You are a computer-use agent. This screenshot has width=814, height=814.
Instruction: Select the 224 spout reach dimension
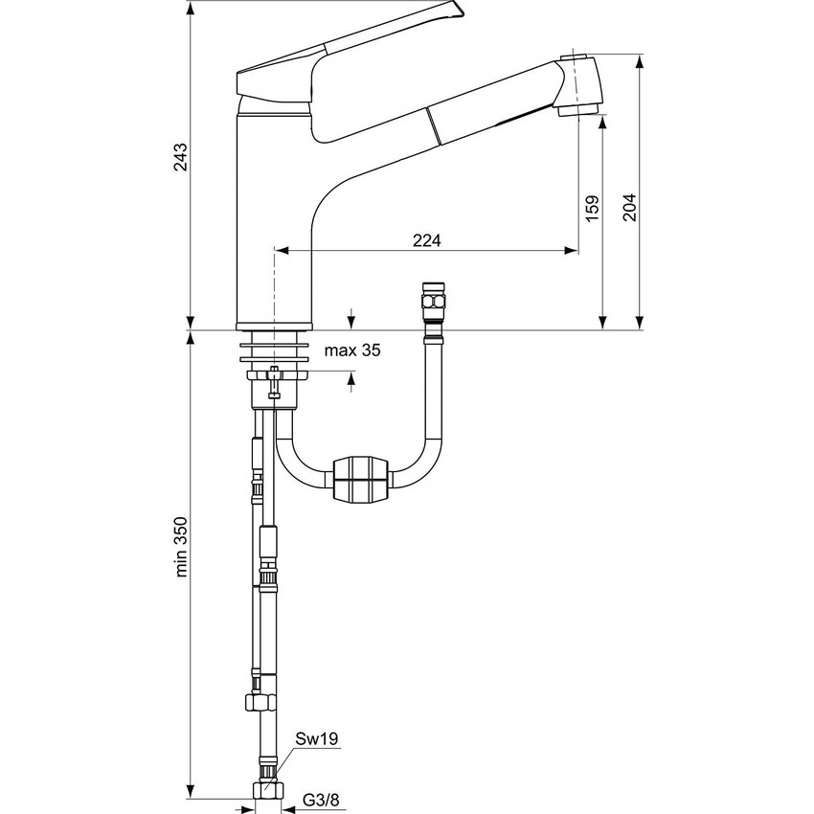point(427,240)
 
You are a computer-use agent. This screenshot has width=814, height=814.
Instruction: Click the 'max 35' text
point(351,350)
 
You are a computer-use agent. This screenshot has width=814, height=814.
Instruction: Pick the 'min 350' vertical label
point(180,547)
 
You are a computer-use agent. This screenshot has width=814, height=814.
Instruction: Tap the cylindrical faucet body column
point(273,220)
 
